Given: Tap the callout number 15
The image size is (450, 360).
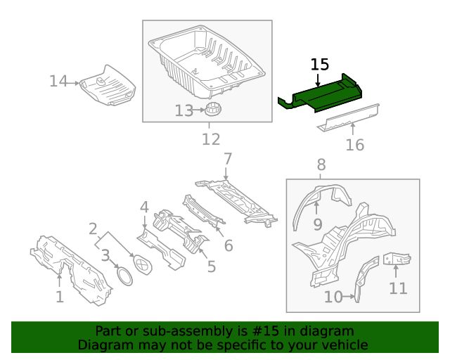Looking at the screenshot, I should [319, 65].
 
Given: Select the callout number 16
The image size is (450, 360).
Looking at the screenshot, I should [355, 145].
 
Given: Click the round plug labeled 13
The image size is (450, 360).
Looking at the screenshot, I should [213, 110].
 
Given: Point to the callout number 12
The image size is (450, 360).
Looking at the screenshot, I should [211, 139].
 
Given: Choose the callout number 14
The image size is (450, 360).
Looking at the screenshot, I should [58, 82].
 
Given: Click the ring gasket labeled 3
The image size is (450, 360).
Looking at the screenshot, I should [124, 276].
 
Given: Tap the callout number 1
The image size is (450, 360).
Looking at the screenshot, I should [60, 297].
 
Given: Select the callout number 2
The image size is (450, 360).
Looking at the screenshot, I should [93, 229].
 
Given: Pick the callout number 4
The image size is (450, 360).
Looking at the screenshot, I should [144, 207].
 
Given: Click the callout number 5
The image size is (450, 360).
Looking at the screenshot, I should [211, 266].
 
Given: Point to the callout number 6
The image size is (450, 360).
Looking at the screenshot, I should [229, 245].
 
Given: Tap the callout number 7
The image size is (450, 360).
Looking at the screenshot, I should [227, 158].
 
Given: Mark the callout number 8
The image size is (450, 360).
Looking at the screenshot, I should [321, 165].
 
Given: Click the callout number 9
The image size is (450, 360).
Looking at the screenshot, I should [317, 225].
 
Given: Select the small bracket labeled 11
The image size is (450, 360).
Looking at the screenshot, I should [397, 259].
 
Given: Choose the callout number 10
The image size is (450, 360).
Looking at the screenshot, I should [333, 297].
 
